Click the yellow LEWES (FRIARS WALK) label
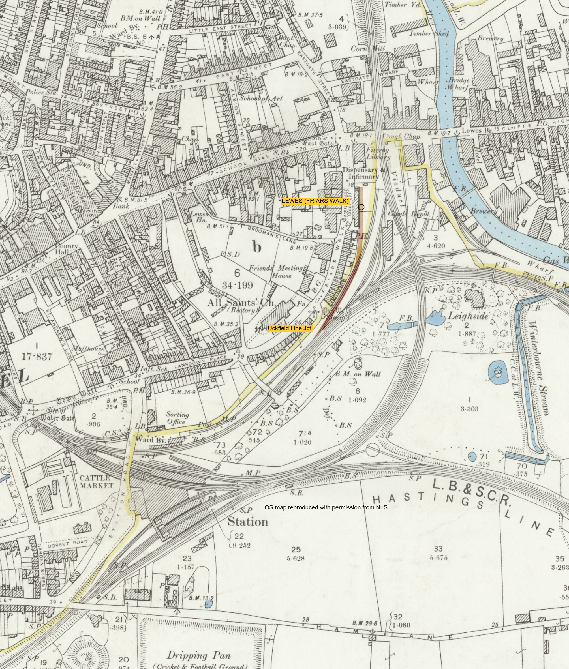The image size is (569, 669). pyautogui.click(x=315, y=201)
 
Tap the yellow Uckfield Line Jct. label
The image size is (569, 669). pyautogui.click(x=290, y=328)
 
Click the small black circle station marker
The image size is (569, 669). pyautogui.click(x=361, y=207)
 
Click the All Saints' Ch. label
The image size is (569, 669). pyautogui.click(x=241, y=303)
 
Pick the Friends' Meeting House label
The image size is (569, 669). pyautogui.click(x=276, y=272)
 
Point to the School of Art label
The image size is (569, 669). pyautogui.click(x=261, y=99)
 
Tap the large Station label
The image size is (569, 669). pyautogui.click(x=248, y=522)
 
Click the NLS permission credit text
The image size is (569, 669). pyautogui.click(x=326, y=507)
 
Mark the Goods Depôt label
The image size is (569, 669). pyautogui.click(x=409, y=214)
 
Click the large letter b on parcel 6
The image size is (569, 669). pyautogui.click(x=257, y=247)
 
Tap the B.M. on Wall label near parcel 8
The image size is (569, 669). pyautogui.click(x=358, y=374)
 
